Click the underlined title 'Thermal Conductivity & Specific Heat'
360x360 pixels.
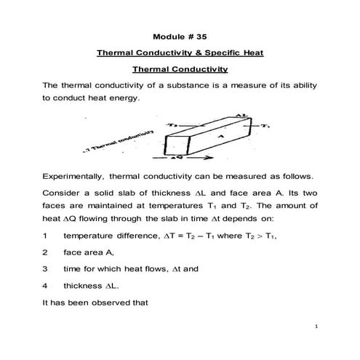coord(180,53)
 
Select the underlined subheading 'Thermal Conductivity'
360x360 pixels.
coord(180,70)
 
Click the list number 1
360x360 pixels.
coord(46,236)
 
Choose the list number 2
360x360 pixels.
coord(46,252)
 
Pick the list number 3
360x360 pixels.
coord(46,269)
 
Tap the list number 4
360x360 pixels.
coord(46,286)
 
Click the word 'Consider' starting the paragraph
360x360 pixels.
coord(65,194)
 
